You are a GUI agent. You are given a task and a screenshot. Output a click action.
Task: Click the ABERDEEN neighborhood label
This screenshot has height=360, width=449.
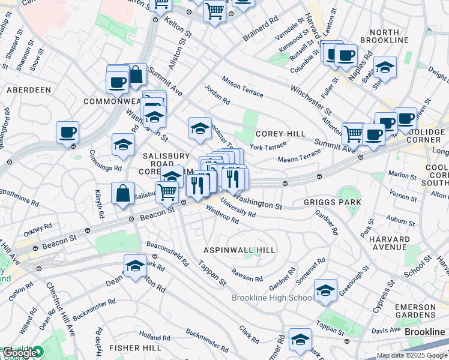[28, 90]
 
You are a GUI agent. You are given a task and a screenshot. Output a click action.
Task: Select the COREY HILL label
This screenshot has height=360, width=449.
[280, 134]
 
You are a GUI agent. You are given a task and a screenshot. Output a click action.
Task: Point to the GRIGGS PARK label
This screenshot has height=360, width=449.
[333, 203]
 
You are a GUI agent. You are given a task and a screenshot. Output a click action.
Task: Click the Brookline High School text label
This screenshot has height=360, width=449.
[273, 298]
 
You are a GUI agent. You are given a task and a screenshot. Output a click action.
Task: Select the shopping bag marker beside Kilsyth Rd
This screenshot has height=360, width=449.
[122, 194]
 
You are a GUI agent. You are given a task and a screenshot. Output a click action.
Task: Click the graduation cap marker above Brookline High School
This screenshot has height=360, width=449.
[325, 290]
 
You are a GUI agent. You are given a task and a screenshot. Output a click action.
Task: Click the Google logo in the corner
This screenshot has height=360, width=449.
[21, 353]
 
